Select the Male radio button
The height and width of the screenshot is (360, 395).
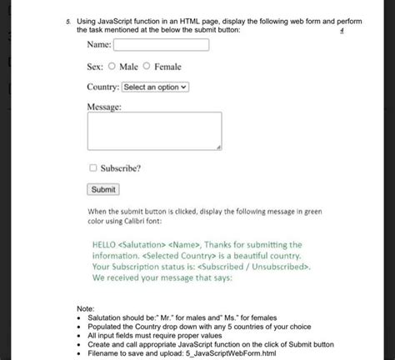pos(112,66)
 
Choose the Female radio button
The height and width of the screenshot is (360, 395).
pos(147,66)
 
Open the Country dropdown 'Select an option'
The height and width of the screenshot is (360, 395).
pos(156,87)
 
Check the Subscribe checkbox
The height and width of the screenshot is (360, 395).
pos(93,167)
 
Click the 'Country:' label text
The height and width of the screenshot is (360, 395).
pos(103,87)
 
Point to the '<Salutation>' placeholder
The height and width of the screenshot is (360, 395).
pos(143,245)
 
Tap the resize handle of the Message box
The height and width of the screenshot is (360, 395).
pos(218,147)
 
